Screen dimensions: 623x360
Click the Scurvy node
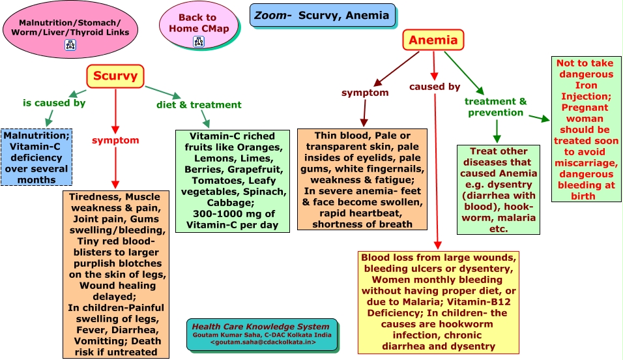(115, 76)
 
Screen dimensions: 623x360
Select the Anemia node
(433, 40)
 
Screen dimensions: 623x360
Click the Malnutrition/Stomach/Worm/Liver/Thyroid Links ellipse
(70, 29)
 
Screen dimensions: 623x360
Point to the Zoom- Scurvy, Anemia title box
(322, 16)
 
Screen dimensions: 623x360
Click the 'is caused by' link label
(54, 103)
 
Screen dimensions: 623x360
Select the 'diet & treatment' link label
(199, 104)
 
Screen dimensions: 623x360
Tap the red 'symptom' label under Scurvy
(115, 140)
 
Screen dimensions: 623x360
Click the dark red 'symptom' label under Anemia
(365, 93)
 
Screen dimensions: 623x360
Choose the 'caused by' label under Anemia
(435, 87)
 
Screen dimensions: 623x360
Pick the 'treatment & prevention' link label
(495, 107)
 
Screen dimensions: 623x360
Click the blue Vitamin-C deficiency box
(36, 157)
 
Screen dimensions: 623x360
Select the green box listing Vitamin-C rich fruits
(233, 181)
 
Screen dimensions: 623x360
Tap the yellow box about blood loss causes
(438, 303)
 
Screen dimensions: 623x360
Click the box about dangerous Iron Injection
(586, 129)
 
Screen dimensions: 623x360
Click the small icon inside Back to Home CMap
(199, 41)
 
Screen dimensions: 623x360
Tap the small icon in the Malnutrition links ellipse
(70, 45)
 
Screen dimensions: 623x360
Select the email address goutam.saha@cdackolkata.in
(263, 342)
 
